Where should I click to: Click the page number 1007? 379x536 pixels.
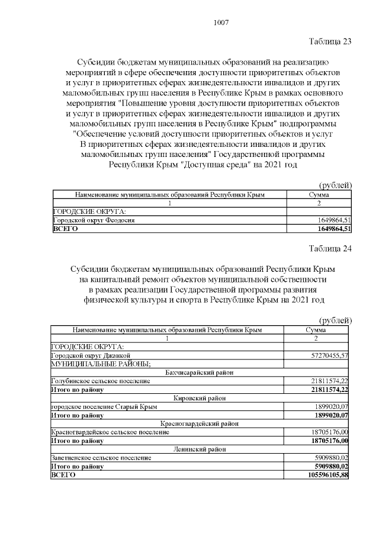click(x=220, y=23)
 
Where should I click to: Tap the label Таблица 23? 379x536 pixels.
click(x=330, y=41)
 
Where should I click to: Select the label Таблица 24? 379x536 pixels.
click(x=330, y=248)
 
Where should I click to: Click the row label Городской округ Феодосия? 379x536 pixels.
click(x=95, y=220)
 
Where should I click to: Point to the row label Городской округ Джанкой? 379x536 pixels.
click(x=89, y=355)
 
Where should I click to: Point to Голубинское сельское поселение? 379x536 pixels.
click(x=100, y=381)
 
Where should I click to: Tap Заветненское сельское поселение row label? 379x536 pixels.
click(x=101, y=458)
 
